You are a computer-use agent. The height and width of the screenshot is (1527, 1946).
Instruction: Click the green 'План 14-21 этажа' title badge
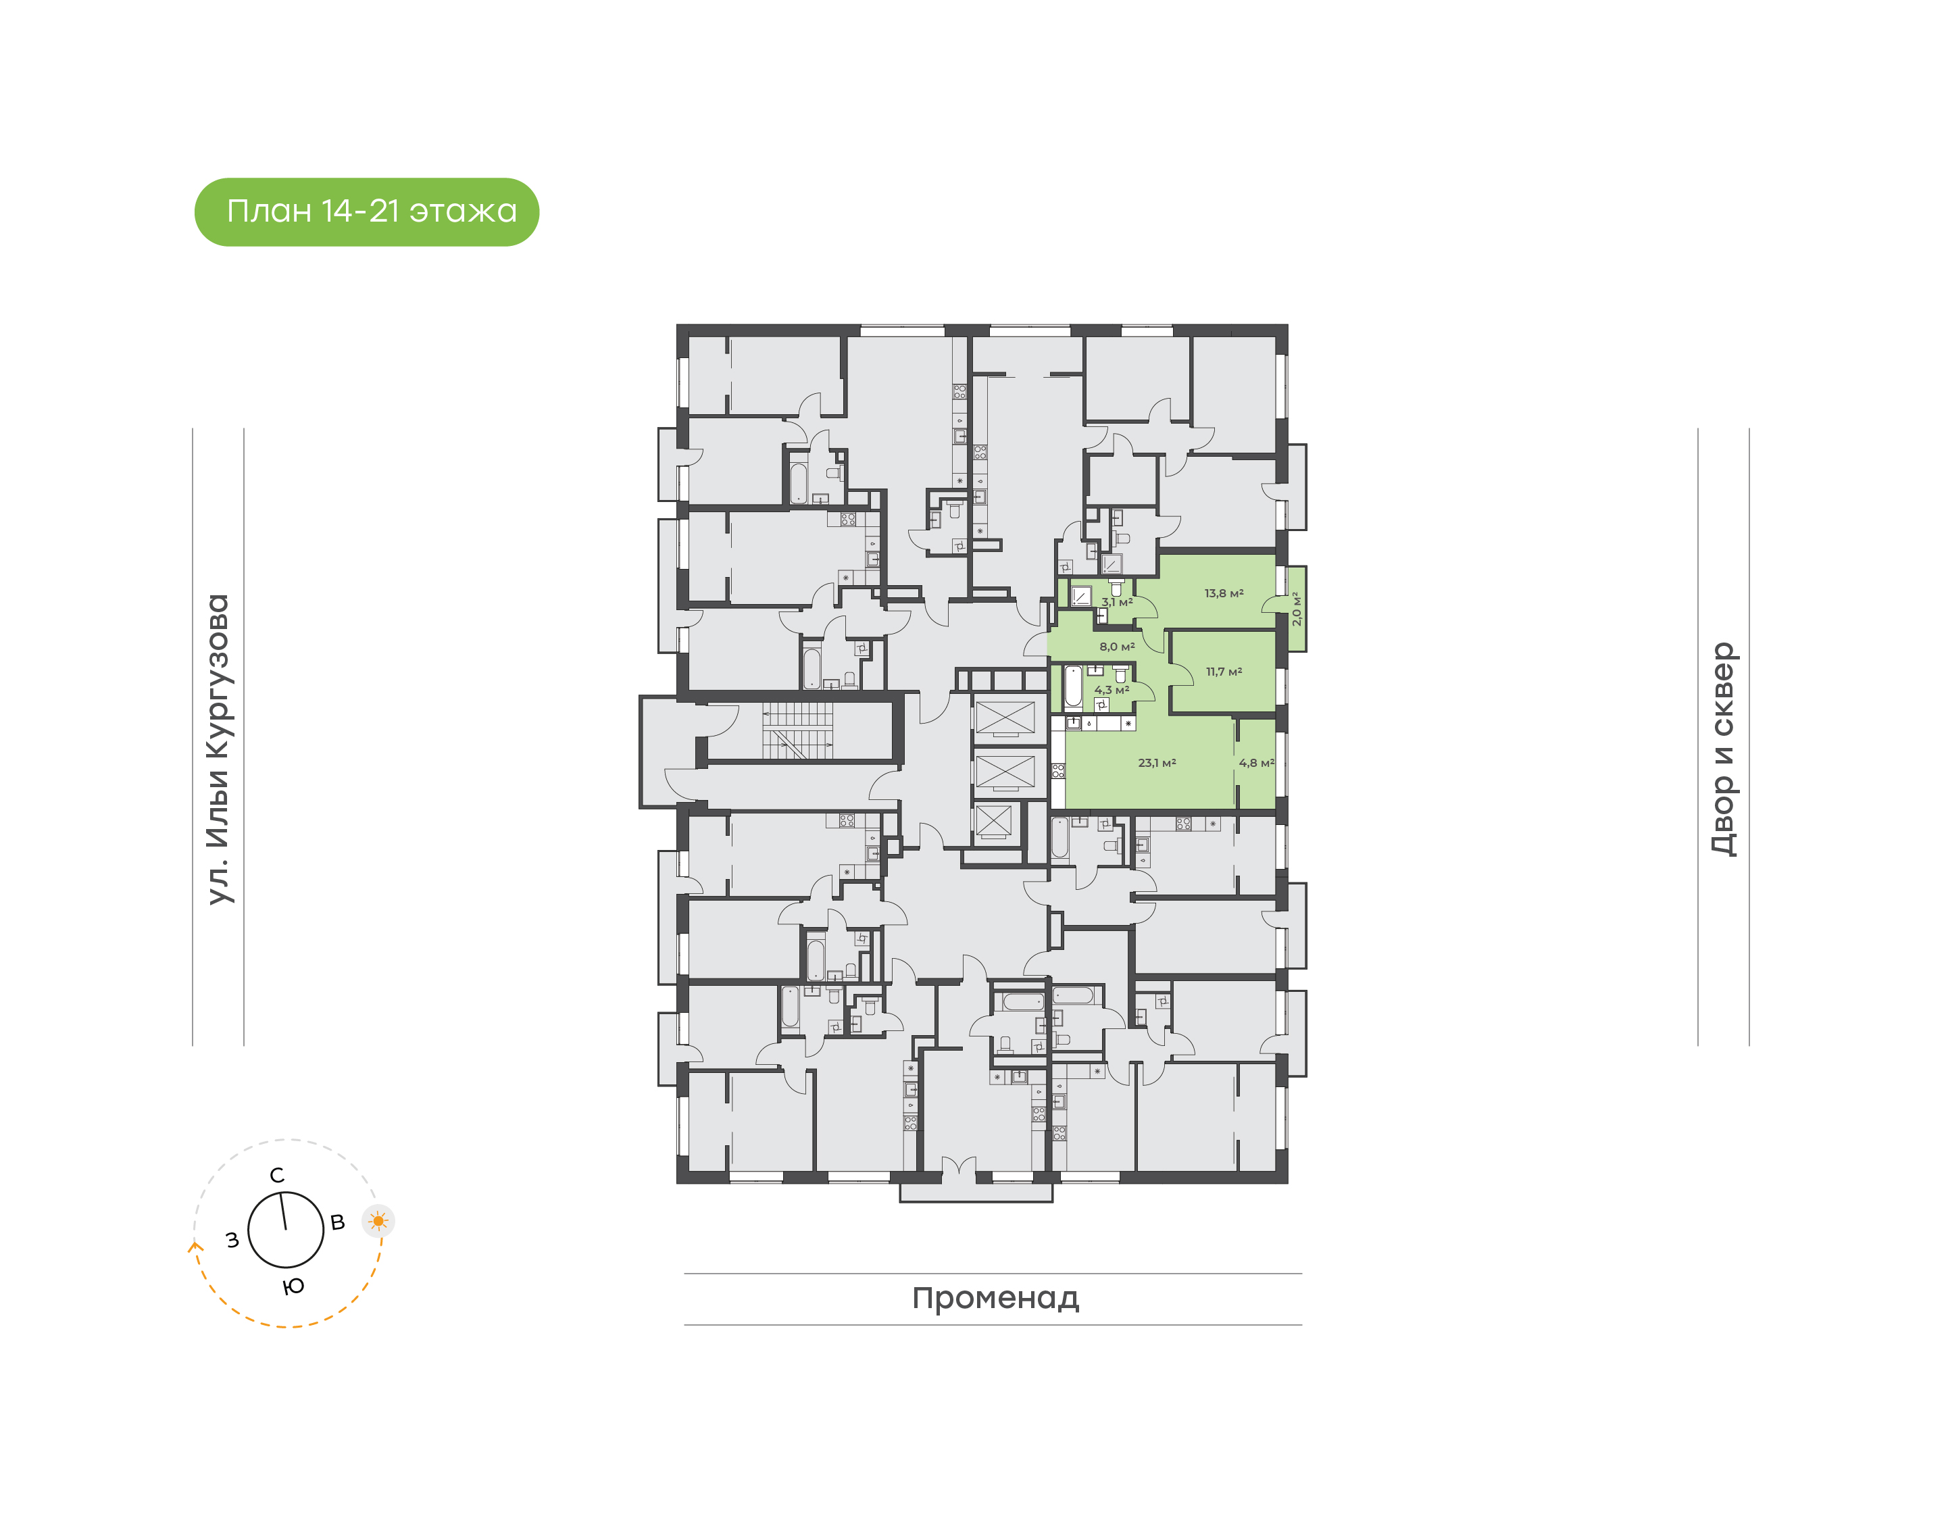(366, 212)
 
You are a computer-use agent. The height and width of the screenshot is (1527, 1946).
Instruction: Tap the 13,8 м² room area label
(1224, 593)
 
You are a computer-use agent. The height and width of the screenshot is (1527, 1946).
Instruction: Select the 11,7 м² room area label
(1224, 672)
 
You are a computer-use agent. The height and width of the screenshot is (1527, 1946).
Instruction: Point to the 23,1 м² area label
(1157, 763)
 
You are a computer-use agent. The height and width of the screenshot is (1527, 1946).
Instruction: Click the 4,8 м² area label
(1256, 763)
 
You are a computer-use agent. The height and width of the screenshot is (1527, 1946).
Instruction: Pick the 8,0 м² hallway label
(1116, 647)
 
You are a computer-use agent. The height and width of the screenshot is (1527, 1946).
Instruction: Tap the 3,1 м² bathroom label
(1116, 603)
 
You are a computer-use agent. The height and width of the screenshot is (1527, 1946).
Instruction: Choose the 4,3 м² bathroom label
(1111, 690)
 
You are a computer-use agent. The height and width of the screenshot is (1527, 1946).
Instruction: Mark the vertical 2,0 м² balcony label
(1296, 608)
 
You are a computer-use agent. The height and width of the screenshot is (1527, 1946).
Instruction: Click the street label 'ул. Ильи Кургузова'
(218, 749)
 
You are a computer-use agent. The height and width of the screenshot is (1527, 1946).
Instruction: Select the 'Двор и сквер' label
(1722, 749)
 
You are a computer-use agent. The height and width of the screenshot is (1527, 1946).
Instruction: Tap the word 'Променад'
(995, 1297)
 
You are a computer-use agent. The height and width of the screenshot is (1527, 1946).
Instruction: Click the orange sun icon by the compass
(378, 1220)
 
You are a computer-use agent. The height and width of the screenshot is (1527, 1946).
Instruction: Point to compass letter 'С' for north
(277, 1175)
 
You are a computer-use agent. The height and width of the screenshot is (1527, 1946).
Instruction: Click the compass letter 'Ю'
(293, 1286)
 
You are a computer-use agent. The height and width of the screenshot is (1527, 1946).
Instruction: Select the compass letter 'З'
(232, 1240)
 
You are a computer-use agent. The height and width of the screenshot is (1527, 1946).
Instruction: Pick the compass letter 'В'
(338, 1222)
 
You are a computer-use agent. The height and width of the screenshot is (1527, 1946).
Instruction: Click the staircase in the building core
(797, 730)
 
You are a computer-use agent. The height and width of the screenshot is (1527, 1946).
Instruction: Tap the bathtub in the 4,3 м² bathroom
(1072, 686)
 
